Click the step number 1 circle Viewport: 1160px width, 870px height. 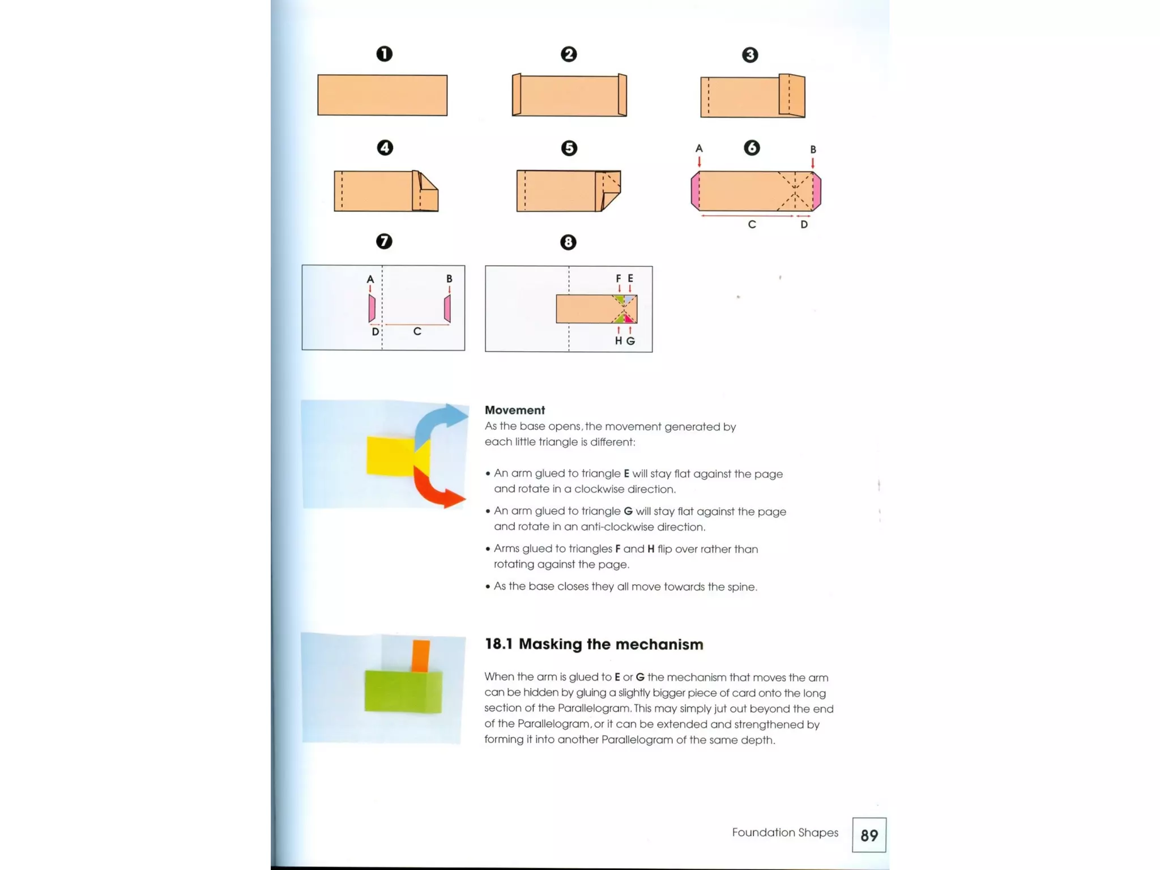click(x=384, y=54)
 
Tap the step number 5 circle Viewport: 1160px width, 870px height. click(x=569, y=148)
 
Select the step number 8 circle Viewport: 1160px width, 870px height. click(x=568, y=242)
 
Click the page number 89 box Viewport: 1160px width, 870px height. click(x=869, y=835)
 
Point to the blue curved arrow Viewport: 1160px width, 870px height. click(x=439, y=422)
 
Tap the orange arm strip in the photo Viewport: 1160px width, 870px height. click(x=421, y=655)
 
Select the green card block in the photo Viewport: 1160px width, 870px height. click(x=402, y=691)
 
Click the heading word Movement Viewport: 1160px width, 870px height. click(x=514, y=410)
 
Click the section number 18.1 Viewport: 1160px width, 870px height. click(x=498, y=644)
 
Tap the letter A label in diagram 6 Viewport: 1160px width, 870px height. click(x=699, y=148)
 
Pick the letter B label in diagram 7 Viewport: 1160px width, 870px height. click(x=449, y=279)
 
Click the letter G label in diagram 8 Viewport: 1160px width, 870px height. click(x=630, y=341)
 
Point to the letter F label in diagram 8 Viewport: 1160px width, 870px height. click(x=618, y=278)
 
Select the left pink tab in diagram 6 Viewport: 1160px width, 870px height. click(x=695, y=191)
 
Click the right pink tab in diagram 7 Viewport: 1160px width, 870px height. click(x=447, y=309)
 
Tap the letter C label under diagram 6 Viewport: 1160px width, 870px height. click(x=752, y=224)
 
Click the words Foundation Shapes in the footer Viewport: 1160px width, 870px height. click(x=784, y=832)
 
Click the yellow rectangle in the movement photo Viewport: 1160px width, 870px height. click(x=390, y=455)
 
